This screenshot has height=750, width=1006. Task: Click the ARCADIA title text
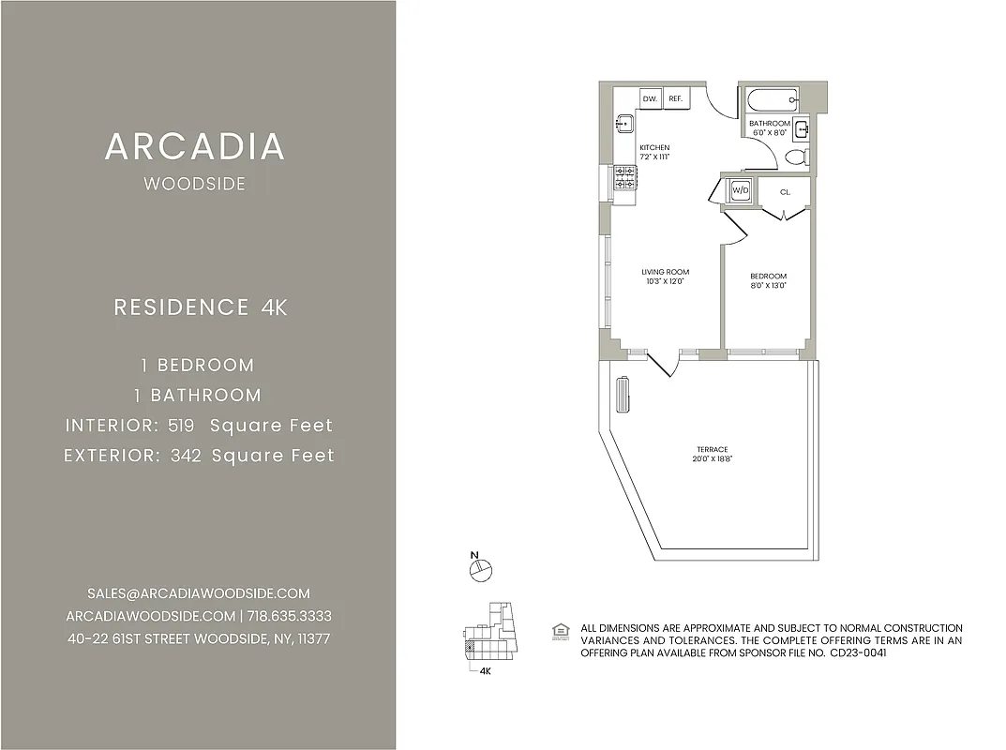point(195,147)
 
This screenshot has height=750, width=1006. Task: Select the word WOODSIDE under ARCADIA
point(195,185)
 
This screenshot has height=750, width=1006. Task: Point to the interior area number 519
point(181,426)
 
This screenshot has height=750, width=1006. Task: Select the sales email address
point(198,593)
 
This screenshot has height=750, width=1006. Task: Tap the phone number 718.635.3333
point(290,616)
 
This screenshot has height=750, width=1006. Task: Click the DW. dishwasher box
point(650,98)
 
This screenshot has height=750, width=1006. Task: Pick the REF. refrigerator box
point(675,98)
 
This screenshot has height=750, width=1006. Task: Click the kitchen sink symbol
point(625,123)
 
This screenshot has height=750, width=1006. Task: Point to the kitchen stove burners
point(625,176)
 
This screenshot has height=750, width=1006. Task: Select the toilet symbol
point(797,157)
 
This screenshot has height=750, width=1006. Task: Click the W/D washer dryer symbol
point(741,190)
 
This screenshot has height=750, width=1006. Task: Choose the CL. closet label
point(785,191)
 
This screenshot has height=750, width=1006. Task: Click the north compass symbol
point(482,567)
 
